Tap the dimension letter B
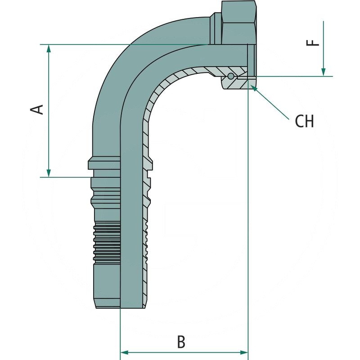(x=181, y=342)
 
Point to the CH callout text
(x=304, y=121)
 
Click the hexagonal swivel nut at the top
(x=238, y=20)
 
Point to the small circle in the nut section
(x=231, y=76)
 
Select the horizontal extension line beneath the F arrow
(x=292, y=76)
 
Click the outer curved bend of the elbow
(x=117, y=58)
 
